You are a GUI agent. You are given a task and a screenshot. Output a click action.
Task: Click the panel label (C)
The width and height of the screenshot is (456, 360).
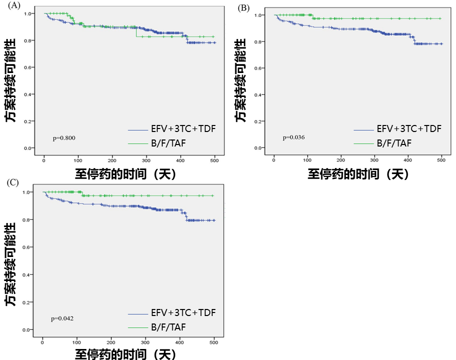(13, 182)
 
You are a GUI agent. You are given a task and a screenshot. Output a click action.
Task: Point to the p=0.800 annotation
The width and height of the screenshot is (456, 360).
(64, 137)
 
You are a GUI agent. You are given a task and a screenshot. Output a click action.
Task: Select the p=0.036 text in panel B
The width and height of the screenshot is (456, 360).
(294, 137)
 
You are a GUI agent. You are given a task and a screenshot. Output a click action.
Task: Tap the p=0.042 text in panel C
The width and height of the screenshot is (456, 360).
(62, 318)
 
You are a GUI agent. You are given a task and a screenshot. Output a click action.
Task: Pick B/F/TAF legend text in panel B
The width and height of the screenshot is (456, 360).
(394, 143)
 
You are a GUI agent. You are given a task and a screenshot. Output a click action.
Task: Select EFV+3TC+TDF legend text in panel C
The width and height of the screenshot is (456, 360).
(183, 313)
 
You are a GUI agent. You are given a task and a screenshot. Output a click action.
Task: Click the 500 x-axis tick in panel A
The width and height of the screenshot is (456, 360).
(215, 160)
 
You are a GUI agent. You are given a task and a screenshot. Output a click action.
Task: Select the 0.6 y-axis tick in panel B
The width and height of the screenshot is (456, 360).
(258, 68)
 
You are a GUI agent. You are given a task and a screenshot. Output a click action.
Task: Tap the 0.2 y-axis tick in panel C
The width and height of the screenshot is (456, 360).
(28, 302)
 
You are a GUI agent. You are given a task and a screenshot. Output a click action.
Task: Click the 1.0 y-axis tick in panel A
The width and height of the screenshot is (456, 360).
(29, 13)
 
